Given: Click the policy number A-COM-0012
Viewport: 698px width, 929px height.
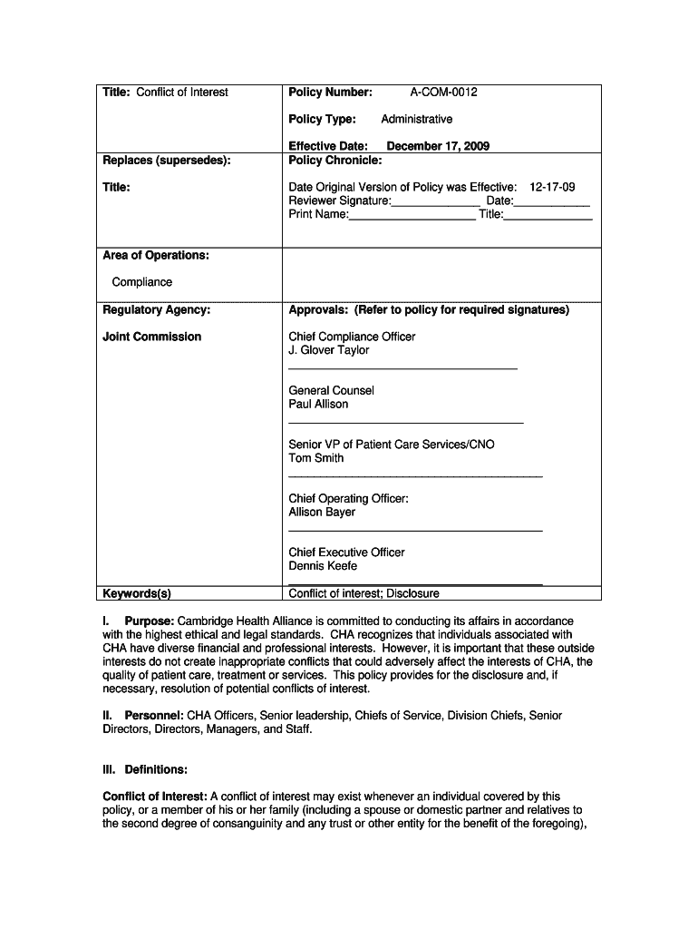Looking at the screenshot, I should coord(443,93).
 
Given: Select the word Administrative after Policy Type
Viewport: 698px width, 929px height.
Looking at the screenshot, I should coord(416,120).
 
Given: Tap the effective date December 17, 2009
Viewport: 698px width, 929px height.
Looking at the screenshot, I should coord(438,146).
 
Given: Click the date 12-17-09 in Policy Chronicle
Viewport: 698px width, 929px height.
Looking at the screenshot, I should coord(552,188).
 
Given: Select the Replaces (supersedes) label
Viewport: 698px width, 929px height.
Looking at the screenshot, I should coord(166,161).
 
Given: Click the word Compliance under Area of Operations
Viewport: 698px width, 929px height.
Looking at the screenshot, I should coord(141,282).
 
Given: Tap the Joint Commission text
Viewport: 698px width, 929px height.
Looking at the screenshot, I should coord(152,337).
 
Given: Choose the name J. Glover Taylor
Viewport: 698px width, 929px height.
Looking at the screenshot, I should coord(329,350).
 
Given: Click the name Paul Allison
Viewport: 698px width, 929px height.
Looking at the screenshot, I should coord(318,404).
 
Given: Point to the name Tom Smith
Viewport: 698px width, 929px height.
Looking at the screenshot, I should coord(316,458).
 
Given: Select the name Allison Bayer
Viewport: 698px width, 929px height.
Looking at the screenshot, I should coord(322,512).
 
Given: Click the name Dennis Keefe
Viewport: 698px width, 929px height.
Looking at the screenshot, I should coord(323,566).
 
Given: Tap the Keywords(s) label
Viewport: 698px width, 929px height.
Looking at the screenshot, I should coord(137,594).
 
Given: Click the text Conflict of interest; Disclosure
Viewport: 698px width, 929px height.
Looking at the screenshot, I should coord(364,594).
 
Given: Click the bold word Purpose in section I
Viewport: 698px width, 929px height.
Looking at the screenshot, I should coord(150,621).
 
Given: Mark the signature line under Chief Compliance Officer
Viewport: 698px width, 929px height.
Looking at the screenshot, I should coord(402,368).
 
